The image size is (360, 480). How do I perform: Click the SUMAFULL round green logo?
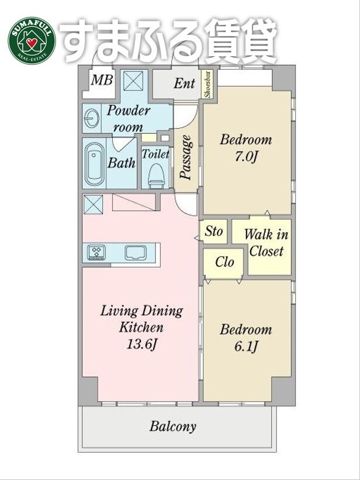[32, 41]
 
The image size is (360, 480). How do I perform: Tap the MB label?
[102, 80]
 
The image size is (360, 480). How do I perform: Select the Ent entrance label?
[184, 83]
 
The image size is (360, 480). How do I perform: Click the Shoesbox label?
[208, 85]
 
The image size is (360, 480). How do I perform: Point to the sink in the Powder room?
[91, 118]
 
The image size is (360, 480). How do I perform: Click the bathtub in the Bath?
[94, 164]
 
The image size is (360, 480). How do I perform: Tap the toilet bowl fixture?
[156, 176]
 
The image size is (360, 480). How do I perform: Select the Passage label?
[185, 157]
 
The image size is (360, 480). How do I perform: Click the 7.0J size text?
[245, 157]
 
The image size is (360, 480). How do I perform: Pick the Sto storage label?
[213, 231]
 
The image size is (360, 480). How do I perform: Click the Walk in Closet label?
[266, 243]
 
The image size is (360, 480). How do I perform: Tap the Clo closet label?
[224, 262]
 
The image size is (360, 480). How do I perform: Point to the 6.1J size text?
[246, 347]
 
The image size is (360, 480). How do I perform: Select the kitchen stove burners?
[96, 253]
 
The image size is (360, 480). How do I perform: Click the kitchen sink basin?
[136, 253]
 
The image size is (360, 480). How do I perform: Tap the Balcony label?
[172, 426]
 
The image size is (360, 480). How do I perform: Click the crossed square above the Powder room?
[133, 81]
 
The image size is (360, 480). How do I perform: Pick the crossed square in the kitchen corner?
[94, 204]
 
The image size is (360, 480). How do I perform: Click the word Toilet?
[155, 154]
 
